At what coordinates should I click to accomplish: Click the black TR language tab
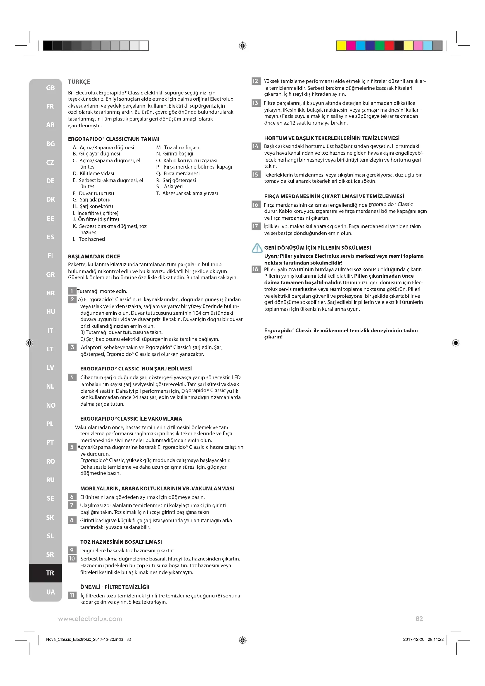(x=50, y=573)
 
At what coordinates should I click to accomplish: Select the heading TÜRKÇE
(x=79, y=82)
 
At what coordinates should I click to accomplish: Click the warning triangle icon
(x=257, y=248)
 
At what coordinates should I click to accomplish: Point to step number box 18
(x=255, y=269)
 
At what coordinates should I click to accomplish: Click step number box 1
(x=72, y=291)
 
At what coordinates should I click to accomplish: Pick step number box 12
(x=256, y=81)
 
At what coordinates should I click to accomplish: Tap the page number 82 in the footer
(x=419, y=619)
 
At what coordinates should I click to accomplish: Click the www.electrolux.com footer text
(x=90, y=619)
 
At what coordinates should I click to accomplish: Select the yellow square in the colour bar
(x=341, y=46)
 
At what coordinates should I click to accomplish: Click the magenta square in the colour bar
(x=351, y=46)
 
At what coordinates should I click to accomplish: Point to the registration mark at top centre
(x=242, y=46)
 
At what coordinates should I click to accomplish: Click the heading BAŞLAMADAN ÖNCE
(x=94, y=256)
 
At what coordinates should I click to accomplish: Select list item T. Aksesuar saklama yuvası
(x=187, y=193)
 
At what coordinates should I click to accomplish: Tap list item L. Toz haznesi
(x=89, y=239)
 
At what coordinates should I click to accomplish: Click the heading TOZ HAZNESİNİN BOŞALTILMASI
(x=121, y=542)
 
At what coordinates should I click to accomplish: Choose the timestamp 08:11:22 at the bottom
(x=435, y=639)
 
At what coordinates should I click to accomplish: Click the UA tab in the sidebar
(x=50, y=592)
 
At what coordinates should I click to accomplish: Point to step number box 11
(x=72, y=595)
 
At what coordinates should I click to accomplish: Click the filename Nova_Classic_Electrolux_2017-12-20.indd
(x=84, y=639)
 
